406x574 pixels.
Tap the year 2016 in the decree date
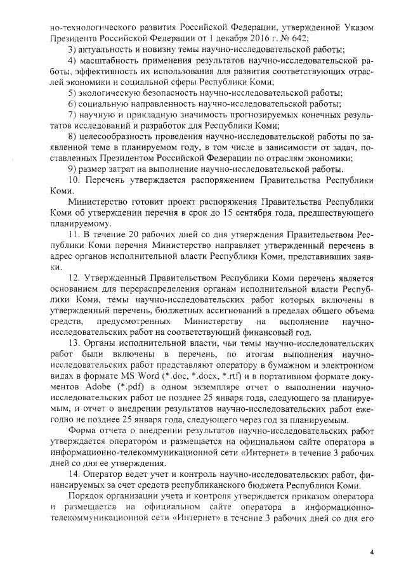(252, 38)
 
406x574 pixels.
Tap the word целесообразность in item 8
(119, 137)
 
